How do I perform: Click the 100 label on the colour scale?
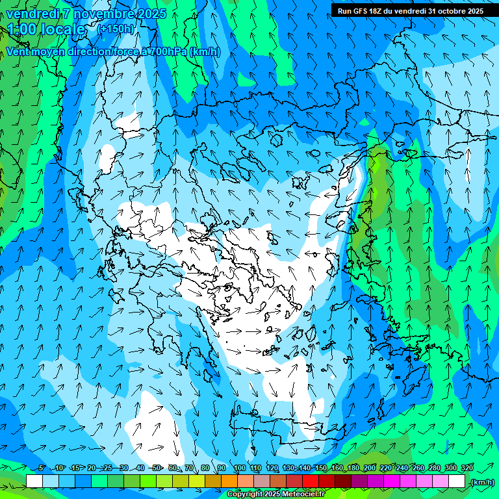click(x=239, y=468)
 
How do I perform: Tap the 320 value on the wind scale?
click(x=467, y=468)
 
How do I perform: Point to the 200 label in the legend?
click(x=369, y=468)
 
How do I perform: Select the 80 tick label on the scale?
click(x=205, y=468)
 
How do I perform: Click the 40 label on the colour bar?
click(x=140, y=468)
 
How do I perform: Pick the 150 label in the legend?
click(x=320, y=468)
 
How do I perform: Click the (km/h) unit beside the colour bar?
click(x=481, y=482)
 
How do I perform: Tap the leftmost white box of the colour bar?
click(x=34, y=481)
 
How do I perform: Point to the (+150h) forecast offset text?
click(x=116, y=29)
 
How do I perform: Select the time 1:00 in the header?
click(x=22, y=29)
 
